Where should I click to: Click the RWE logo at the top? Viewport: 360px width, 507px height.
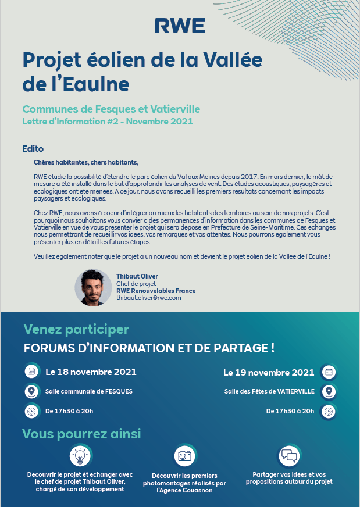click(180, 26)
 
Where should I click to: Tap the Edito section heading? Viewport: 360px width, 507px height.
click(33, 149)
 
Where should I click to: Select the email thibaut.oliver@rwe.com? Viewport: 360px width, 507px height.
click(149, 298)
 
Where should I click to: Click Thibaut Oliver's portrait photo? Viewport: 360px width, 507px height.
click(93, 288)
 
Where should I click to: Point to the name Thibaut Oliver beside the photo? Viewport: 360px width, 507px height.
click(137, 276)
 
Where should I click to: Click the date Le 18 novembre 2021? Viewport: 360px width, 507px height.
click(91, 372)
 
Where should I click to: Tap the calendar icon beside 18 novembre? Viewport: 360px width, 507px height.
click(31, 372)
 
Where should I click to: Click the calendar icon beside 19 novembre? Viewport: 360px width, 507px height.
click(329, 372)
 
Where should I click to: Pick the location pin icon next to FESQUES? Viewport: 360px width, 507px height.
click(31, 391)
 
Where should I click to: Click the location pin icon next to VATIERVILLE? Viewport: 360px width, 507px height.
click(329, 391)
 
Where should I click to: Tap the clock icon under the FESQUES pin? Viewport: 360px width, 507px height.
click(31, 411)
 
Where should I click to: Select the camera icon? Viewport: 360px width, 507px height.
click(184, 456)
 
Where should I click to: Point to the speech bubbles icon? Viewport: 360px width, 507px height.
click(288, 455)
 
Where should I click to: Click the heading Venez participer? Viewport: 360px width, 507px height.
click(76, 330)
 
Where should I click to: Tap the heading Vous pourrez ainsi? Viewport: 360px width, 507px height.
click(81, 434)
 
